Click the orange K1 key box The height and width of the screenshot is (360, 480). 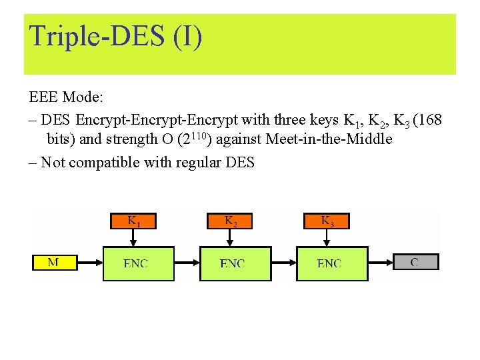[x=133, y=221]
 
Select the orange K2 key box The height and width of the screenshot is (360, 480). [x=230, y=221]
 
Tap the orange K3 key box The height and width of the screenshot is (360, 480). [x=327, y=221]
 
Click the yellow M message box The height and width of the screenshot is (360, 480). [x=55, y=262]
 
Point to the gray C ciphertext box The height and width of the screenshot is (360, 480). [x=415, y=262]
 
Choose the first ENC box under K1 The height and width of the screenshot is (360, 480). [x=138, y=263]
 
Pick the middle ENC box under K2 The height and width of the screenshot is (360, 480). [x=235, y=263]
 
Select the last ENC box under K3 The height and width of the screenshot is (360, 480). [x=332, y=263]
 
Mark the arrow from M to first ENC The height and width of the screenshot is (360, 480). [x=90, y=263]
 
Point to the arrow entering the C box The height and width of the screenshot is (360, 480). [x=381, y=262]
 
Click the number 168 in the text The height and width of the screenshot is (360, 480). [x=427, y=120]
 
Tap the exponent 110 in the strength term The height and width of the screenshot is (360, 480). [x=200, y=136]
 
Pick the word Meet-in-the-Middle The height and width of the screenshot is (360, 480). [x=329, y=139]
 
